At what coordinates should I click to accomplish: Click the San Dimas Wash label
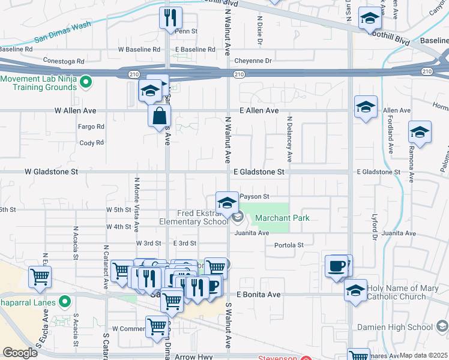[63, 34]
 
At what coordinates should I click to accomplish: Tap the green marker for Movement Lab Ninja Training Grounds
[86, 80]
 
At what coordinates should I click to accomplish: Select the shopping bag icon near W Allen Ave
[160, 115]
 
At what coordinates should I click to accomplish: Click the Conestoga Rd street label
[64, 61]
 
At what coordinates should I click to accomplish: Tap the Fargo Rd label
[91, 127]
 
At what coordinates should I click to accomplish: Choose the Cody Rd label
[91, 143]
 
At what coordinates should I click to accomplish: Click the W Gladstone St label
[52, 172]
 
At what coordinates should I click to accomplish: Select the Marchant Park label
[283, 218]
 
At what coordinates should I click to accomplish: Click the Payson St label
[255, 196]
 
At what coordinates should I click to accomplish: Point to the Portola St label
[289, 245]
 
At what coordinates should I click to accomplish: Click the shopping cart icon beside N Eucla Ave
[40, 277]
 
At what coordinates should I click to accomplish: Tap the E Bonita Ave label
[258, 295]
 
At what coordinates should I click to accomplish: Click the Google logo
[20, 353]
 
